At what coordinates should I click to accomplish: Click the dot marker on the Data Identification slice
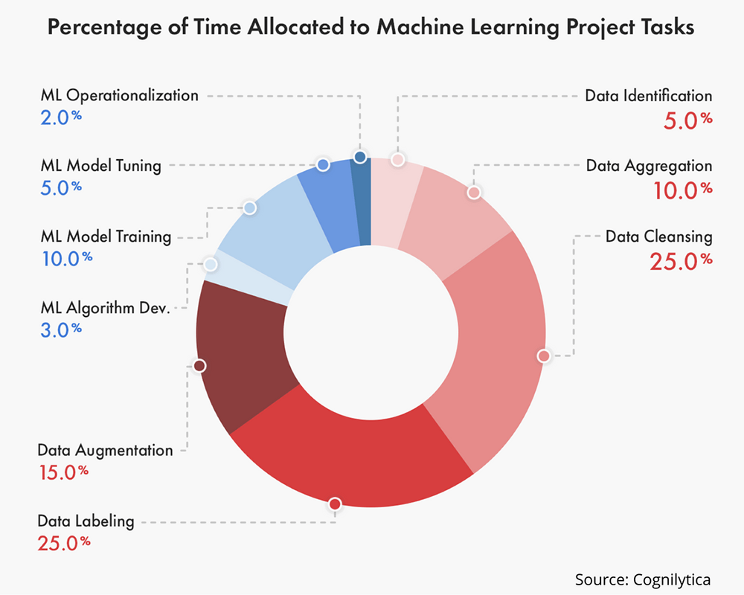(398, 159)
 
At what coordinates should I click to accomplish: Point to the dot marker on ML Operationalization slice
(360, 157)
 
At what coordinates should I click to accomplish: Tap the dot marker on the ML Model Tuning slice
(323, 164)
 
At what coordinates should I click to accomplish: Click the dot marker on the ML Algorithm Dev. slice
(211, 264)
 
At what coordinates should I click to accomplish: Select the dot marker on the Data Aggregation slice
(473, 193)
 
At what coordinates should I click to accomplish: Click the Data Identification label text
(648, 96)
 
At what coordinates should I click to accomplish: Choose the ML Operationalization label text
(119, 95)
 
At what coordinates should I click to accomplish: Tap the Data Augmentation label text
(105, 450)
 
